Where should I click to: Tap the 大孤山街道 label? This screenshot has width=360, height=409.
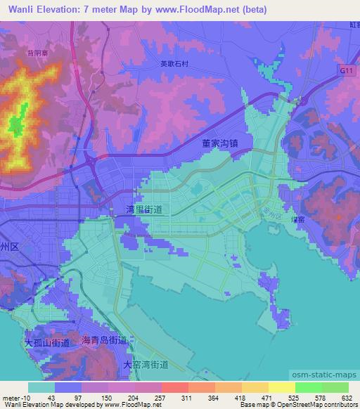pos(47,343)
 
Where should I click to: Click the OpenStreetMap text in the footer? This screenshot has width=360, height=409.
pos(316,404)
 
